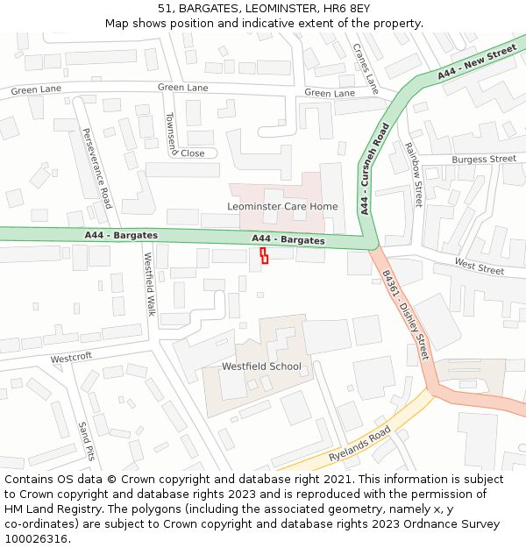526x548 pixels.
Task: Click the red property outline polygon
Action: click(x=264, y=255)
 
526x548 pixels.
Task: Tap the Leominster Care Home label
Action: click(x=282, y=206)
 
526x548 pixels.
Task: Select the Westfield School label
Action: click(x=261, y=367)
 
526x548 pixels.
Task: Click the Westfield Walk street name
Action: click(x=149, y=284)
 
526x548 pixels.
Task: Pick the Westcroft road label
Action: click(x=71, y=359)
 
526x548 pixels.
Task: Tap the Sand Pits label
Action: click(x=86, y=440)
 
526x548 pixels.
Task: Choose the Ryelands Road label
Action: click(x=359, y=446)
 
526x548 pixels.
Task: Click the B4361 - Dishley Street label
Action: click(x=404, y=314)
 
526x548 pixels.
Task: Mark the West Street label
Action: click(x=479, y=266)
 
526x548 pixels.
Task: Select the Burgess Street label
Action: click(x=484, y=160)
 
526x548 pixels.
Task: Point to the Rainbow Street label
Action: click(x=413, y=174)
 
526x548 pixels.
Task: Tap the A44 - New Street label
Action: click(x=477, y=63)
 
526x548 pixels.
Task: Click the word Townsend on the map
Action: click(x=172, y=133)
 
